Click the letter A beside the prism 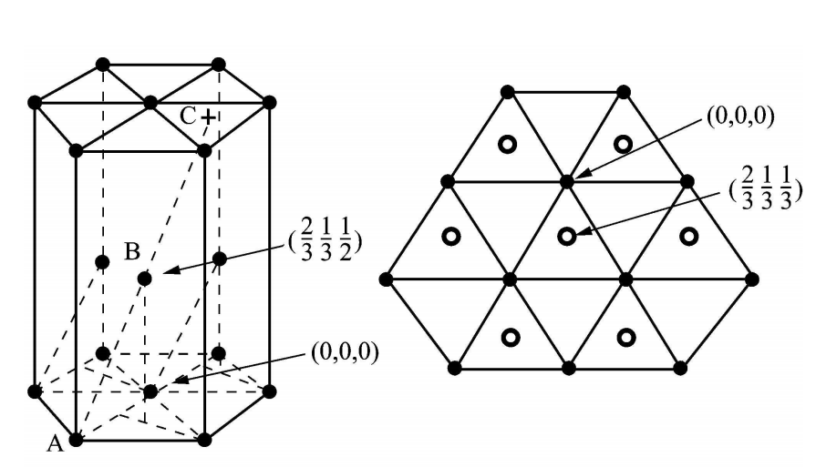coord(55,444)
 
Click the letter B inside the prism coord(132,252)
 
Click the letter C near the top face coord(187,117)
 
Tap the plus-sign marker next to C coord(208,117)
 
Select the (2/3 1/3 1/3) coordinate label coord(766,189)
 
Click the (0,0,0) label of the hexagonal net coord(740,117)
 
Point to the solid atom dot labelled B coord(145,279)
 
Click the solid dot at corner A coord(76,440)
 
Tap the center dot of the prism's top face coord(150,103)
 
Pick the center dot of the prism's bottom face coord(150,391)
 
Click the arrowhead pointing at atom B coord(171,269)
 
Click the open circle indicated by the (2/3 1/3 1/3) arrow coord(567,237)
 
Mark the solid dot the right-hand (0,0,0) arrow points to coord(567,182)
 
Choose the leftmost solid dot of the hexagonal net coord(386,279)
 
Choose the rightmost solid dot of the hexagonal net coord(752,279)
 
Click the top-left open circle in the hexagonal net coord(508,144)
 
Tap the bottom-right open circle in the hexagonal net coord(626,338)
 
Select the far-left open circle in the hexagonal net coord(451,237)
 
